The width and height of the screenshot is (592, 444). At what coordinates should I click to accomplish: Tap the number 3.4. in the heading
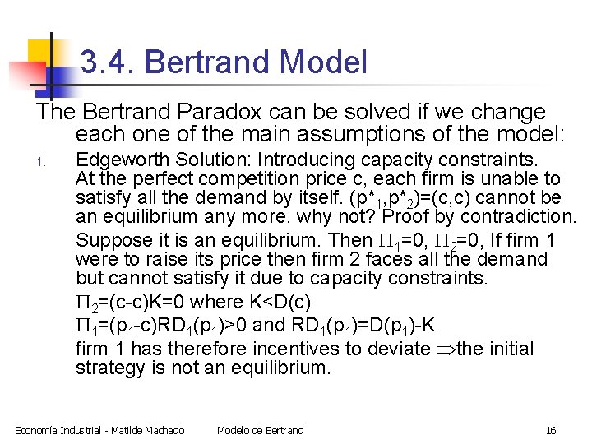click(104, 62)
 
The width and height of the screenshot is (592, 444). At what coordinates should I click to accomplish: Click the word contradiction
click(518, 218)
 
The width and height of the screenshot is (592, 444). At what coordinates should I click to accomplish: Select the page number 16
click(551, 430)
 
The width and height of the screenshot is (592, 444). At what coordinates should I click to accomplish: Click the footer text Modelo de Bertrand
click(260, 430)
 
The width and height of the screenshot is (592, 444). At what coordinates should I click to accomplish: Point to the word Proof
click(428, 218)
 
